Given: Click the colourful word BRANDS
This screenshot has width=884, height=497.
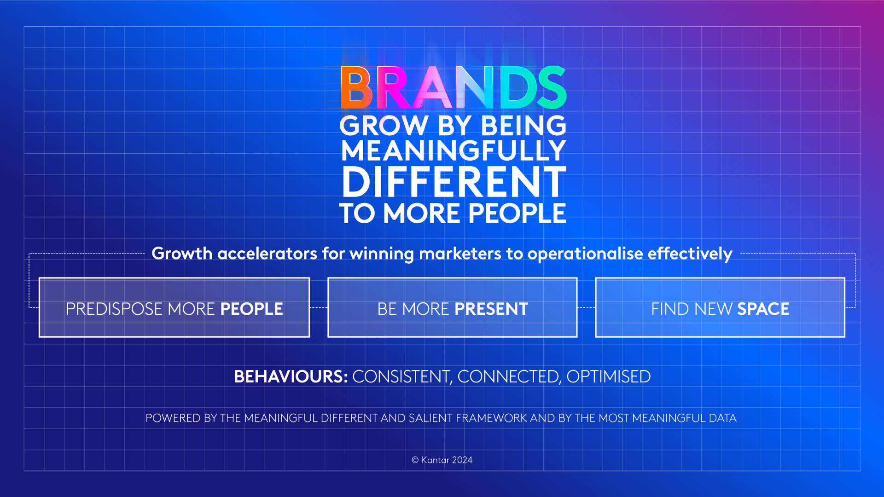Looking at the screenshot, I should point(453,87).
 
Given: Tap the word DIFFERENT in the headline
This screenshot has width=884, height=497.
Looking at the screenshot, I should point(453,182).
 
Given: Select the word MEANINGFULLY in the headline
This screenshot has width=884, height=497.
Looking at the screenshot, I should point(453,150).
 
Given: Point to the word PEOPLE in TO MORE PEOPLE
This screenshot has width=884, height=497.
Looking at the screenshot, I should point(517,214).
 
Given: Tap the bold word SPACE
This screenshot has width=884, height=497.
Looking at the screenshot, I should point(763,309).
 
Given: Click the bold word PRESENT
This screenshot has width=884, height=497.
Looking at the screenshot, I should point(491,309).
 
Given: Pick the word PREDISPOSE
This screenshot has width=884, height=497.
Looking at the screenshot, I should point(114,309).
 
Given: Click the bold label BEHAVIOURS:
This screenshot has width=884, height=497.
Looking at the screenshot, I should point(291,376).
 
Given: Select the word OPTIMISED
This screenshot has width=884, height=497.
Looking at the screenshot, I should point(608,376).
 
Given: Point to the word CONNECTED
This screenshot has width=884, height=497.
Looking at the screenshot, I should point(509,376).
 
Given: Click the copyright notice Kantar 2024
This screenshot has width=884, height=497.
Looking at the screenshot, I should point(442,460).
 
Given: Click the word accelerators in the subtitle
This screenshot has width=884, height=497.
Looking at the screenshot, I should point(267,254).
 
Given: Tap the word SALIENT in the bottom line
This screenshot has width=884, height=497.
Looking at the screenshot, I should point(430,418).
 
